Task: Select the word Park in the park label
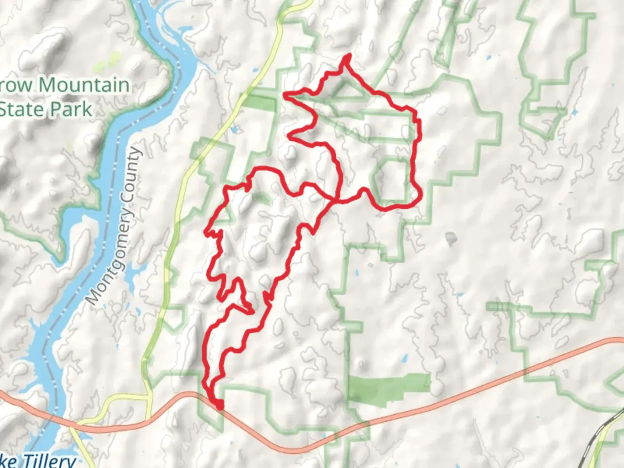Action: coord(70,109)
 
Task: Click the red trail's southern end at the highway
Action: coord(220,406)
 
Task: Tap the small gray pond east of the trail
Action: coord(451,237)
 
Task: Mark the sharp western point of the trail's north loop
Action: coord(284,94)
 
